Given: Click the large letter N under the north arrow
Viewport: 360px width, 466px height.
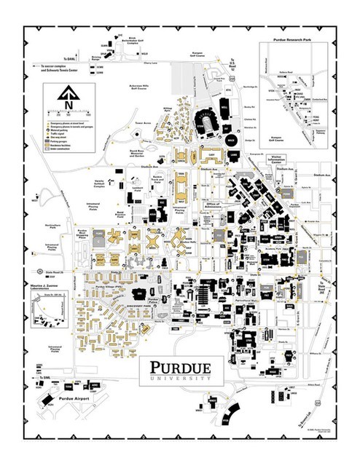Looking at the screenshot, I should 67,105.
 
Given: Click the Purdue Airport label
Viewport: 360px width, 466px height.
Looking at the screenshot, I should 56,400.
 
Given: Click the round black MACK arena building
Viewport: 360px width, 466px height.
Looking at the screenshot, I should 232,138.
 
